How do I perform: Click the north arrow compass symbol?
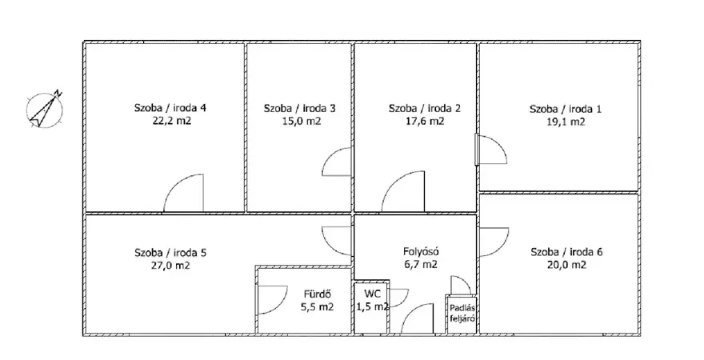pyautogui.click(x=44, y=110)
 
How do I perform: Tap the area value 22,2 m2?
pyautogui.click(x=171, y=120)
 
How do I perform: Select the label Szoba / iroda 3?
pyautogui.click(x=299, y=108)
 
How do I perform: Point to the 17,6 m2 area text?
pyautogui.click(x=425, y=121)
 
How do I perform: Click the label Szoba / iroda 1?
pyautogui.click(x=566, y=109)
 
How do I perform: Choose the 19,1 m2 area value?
pyautogui.click(x=566, y=122)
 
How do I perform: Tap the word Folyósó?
pyautogui.click(x=420, y=251)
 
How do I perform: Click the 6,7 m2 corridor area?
pyautogui.click(x=420, y=264)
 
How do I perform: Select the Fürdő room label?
pyautogui.click(x=318, y=294)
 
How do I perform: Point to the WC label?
pyautogui.click(x=372, y=294)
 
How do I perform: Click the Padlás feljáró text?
pyautogui.click(x=462, y=314)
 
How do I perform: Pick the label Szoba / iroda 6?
pyautogui.click(x=566, y=252)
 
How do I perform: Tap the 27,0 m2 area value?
pyautogui.click(x=170, y=266)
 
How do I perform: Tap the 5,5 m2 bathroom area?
pyautogui.click(x=317, y=307)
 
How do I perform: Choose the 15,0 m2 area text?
pyautogui.click(x=299, y=121)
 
